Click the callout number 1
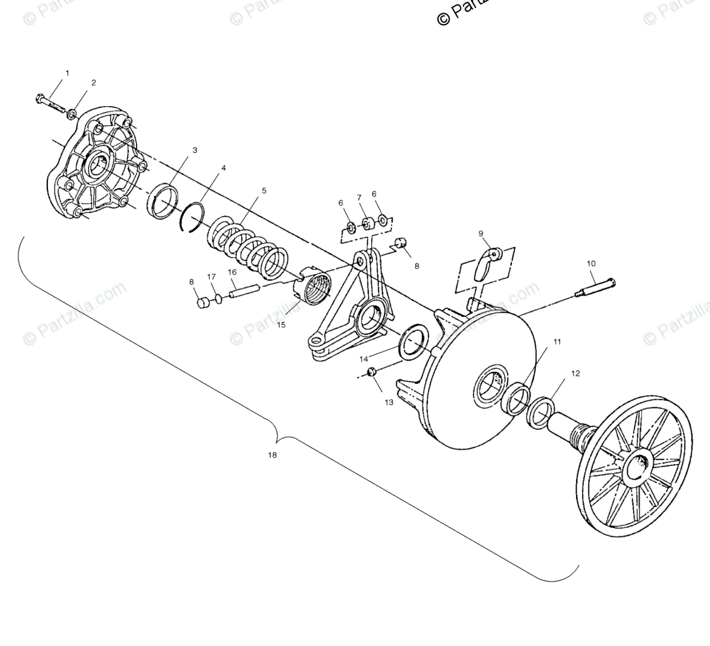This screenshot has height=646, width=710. (x=68, y=73)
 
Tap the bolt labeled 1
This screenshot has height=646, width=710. (x=51, y=102)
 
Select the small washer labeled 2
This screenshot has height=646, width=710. (x=73, y=114)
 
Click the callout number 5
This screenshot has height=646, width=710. (x=264, y=191)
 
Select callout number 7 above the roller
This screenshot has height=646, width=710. (x=358, y=198)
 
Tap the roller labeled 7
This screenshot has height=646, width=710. (x=366, y=224)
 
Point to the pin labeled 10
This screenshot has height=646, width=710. (x=594, y=287)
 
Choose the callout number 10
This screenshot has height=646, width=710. (x=591, y=263)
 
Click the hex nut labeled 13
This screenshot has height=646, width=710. (x=372, y=372)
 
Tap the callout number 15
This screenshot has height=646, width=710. (x=281, y=325)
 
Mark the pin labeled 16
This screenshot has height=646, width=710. (x=244, y=292)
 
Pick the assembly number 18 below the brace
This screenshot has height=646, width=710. (x=272, y=455)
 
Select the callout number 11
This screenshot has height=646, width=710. (x=556, y=342)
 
